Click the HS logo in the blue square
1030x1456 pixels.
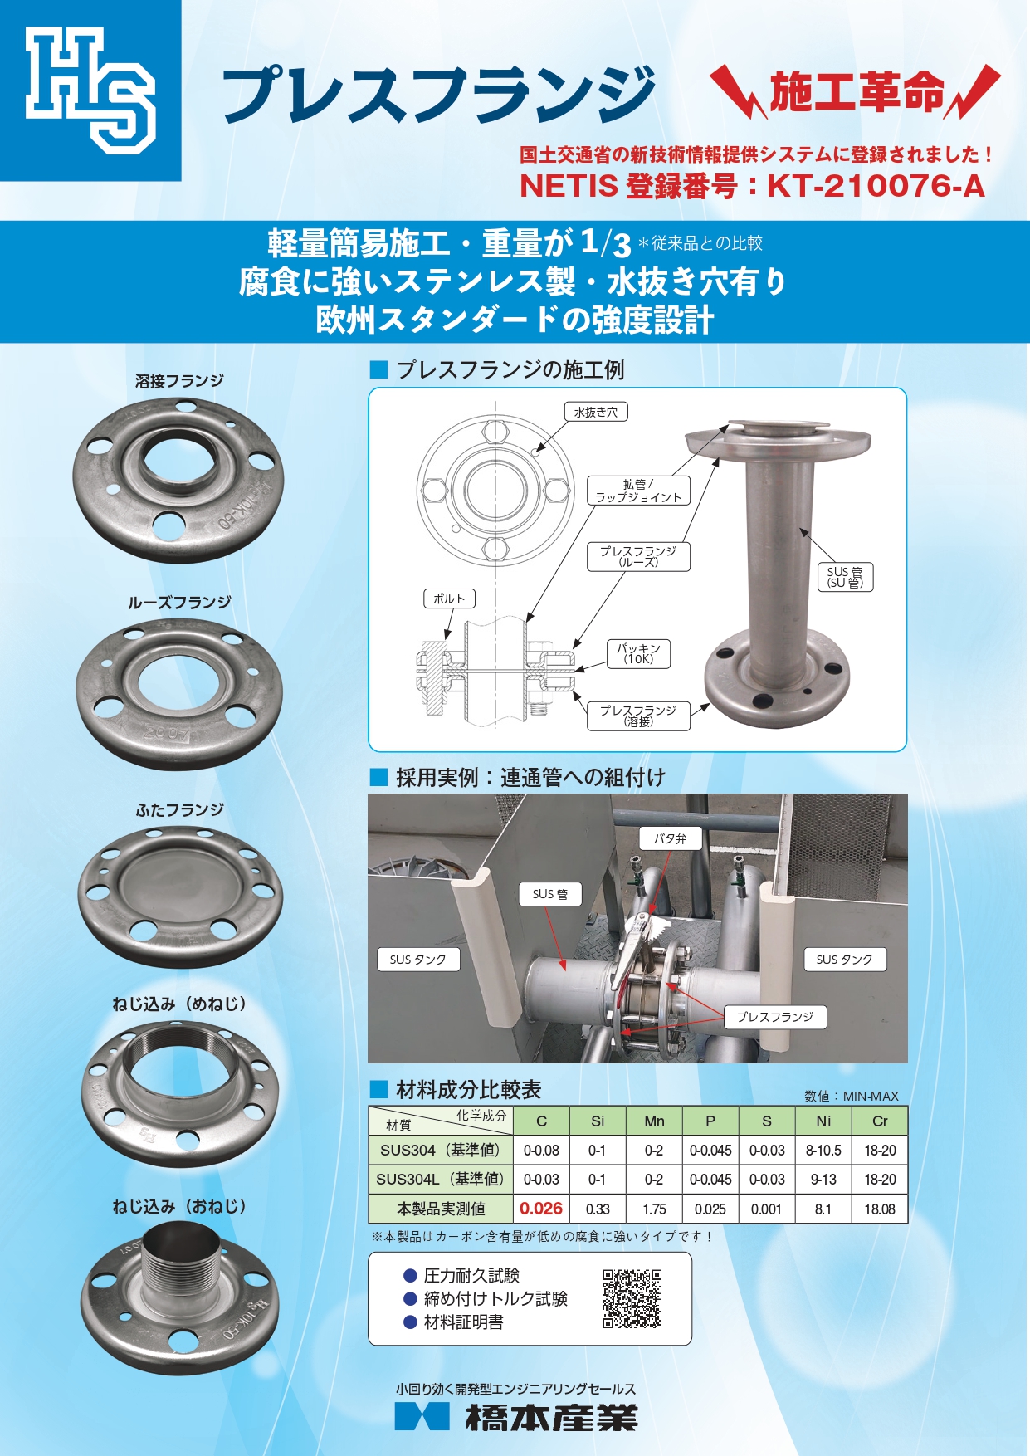(90, 90)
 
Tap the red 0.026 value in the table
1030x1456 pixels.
(541, 1209)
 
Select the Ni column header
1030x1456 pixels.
(823, 1121)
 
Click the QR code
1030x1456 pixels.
(632, 1298)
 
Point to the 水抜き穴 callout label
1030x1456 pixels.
(596, 412)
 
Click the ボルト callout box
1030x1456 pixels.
(449, 599)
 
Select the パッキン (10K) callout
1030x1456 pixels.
(638, 653)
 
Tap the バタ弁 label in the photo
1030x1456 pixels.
(671, 838)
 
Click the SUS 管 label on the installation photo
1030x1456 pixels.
(550, 894)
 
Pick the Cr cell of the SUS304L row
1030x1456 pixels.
(880, 1179)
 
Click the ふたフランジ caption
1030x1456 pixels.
(180, 809)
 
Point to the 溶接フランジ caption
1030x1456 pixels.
(180, 381)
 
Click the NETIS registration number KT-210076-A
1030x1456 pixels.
(876, 186)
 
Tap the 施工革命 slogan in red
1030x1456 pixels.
(857, 91)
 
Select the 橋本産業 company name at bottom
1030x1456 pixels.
(551, 1418)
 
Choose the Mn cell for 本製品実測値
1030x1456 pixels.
(654, 1209)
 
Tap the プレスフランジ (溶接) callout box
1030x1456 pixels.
(638, 716)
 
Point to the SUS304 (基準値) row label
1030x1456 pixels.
(441, 1150)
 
